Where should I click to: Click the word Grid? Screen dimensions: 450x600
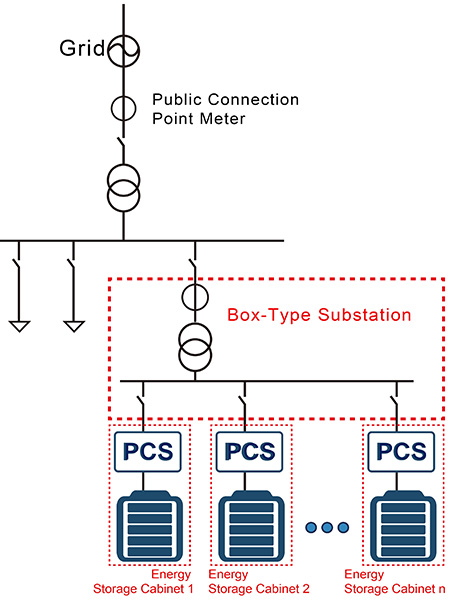82,48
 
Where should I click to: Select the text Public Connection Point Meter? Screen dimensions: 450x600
225,109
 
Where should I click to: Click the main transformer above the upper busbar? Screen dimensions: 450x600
123,188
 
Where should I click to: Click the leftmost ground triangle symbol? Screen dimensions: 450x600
19,326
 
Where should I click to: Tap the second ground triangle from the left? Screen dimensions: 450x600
74,326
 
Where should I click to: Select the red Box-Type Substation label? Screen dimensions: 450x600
319,315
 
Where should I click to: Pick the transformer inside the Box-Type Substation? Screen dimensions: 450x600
195,347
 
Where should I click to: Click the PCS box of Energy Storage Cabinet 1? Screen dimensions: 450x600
148,452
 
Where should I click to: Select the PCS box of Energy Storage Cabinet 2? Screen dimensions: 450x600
249,452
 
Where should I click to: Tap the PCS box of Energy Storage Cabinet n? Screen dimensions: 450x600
401,452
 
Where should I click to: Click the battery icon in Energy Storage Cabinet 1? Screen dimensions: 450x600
149,526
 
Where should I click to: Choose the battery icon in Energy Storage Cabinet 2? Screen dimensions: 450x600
251,526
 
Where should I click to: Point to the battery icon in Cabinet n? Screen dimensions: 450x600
403,526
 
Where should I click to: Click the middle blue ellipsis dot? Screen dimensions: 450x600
327,528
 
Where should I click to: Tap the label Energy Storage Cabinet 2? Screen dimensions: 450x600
259,581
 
